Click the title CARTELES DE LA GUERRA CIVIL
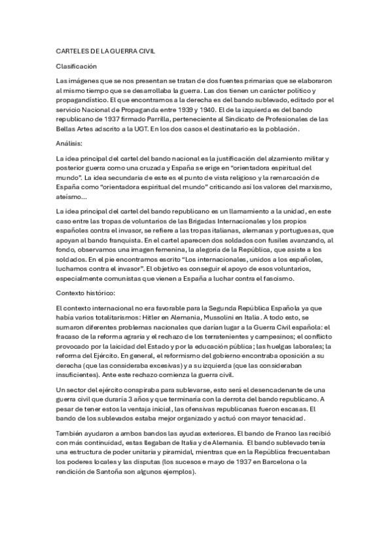pyautogui.click(x=105, y=50)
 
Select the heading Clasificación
pyautogui.click(x=77, y=66)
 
